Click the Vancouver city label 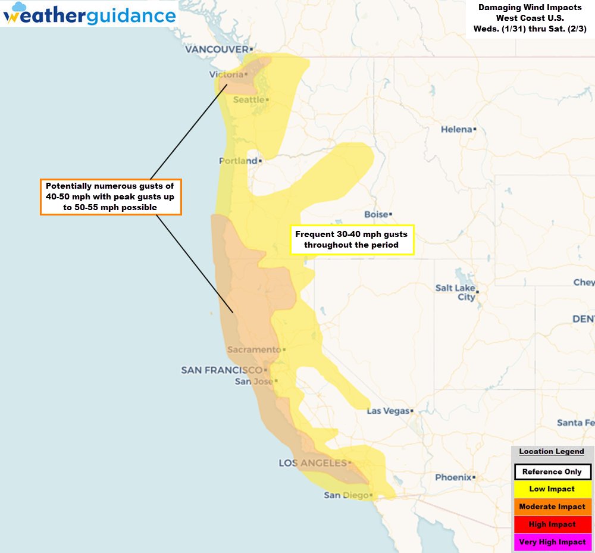click(x=216, y=49)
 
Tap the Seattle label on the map click(x=249, y=99)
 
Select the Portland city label click(x=238, y=161)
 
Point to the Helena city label click(x=456, y=129)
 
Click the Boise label click(x=376, y=214)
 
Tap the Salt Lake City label click(x=455, y=292)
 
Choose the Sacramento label click(x=253, y=349)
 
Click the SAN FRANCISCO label click(x=221, y=370)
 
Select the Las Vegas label click(x=388, y=411)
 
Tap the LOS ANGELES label click(x=312, y=463)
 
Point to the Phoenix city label click(x=453, y=477)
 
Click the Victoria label click(x=227, y=74)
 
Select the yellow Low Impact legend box click(x=552, y=489)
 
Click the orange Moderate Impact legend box click(x=552, y=507)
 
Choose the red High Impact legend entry click(x=552, y=524)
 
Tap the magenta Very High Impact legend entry click(x=552, y=542)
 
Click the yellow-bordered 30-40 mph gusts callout click(x=352, y=240)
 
